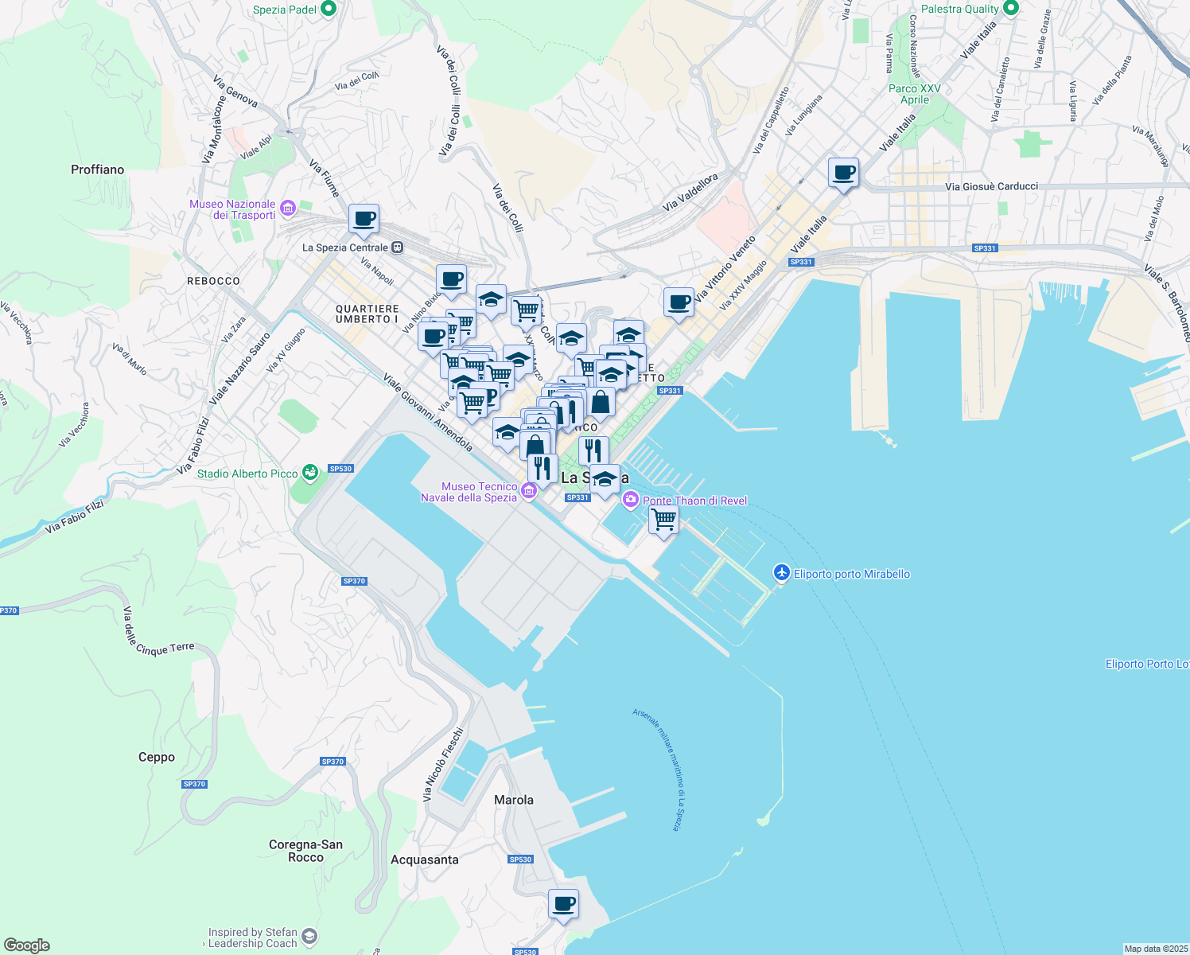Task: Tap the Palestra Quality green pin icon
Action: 1011,9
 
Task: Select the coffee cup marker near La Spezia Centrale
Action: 364,219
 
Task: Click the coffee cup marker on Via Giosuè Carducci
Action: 843,172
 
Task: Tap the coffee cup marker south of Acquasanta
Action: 563,904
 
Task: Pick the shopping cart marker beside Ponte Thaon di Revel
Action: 663,520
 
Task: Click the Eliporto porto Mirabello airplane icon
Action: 782,573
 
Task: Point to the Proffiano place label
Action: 97,170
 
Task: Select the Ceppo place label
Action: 157,757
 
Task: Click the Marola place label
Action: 514,800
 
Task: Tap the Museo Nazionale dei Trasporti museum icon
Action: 287,209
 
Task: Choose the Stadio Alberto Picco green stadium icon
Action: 310,473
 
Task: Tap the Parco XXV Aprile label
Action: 915,94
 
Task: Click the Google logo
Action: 27,945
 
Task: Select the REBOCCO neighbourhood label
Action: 213,281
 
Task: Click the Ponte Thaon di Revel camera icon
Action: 631,500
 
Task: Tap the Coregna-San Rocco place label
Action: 305,851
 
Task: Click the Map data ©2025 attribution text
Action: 1156,949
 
